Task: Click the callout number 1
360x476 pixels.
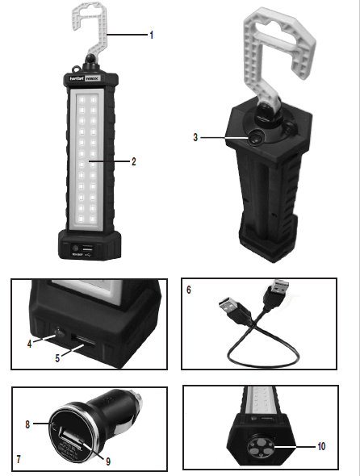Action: pos(151,35)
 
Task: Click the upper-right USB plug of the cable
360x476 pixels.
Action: pos(281,294)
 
